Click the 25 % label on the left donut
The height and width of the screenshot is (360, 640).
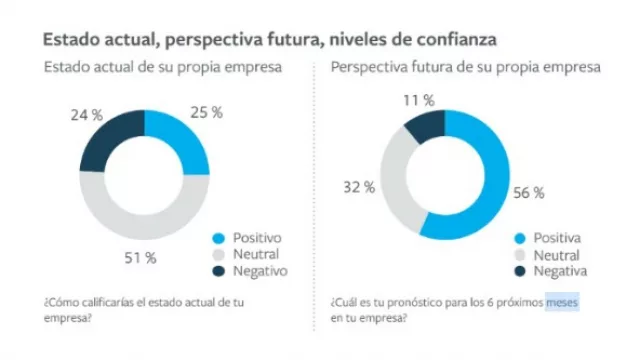coord(206,112)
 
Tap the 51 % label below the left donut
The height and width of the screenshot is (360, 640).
coord(139,258)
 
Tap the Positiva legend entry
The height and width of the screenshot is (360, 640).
coord(551,238)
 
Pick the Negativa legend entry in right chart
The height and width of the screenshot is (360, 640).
coord(553,270)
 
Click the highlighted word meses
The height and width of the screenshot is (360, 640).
coord(562,300)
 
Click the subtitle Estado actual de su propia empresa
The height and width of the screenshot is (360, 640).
coord(161,68)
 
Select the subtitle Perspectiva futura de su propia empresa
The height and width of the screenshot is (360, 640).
coord(465,68)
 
